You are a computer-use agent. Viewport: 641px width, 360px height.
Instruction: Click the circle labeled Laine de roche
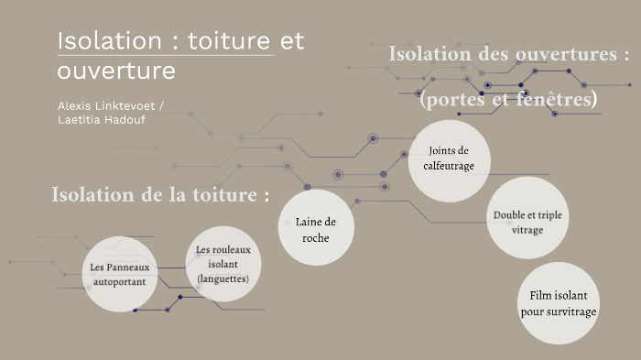coord(316,228)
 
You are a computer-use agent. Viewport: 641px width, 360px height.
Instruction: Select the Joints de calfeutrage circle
coord(448,158)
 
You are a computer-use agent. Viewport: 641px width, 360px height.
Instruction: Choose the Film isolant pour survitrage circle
coord(558,303)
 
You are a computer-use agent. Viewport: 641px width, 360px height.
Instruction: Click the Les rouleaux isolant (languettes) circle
coord(223,263)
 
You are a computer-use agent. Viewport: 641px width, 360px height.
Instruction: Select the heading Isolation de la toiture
coord(160,195)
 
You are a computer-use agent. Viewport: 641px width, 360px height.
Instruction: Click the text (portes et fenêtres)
coord(508,98)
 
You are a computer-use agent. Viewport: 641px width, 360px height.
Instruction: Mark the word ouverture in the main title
coord(115,71)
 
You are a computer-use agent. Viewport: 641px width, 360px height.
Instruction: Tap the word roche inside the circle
coord(316,237)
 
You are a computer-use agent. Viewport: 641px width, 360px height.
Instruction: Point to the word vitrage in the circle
coord(527,229)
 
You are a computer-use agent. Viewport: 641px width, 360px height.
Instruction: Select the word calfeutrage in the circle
coord(448,167)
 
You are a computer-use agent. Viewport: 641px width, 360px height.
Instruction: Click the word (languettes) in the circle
coord(223,278)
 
